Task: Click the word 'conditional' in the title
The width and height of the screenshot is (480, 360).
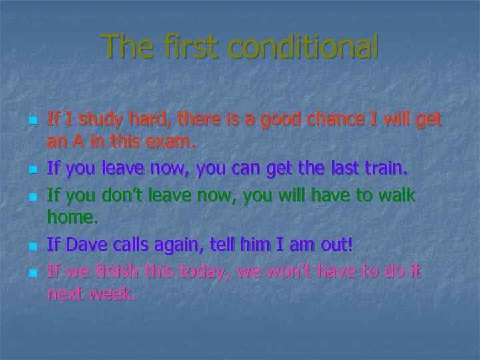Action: [x=303, y=47]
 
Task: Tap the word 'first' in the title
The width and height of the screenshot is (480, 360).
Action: [x=188, y=47]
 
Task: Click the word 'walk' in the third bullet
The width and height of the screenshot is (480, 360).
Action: [x=396, y=195]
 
